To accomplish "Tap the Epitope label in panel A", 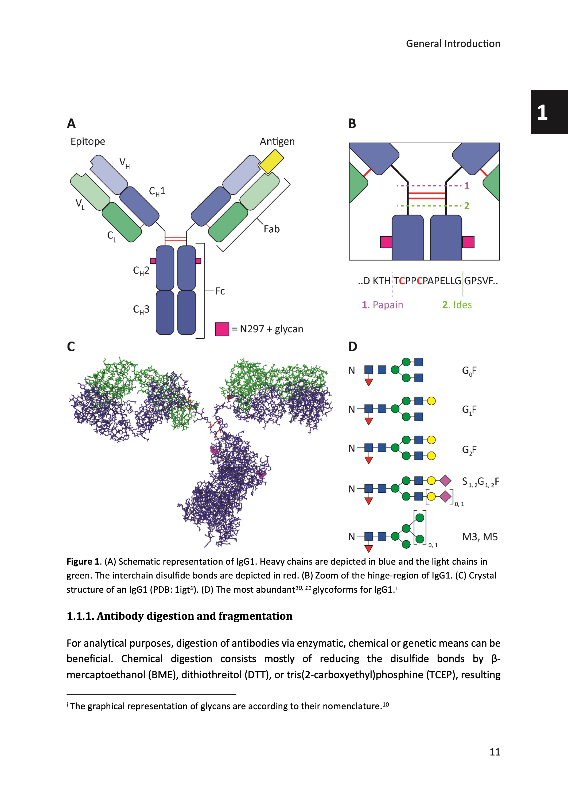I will tap(88, 141).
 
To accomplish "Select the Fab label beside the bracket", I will tap(271, 229).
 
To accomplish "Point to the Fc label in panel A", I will tap(220, 291).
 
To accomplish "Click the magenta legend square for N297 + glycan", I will tap(222, 329).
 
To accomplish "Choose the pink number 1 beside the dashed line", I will tap(466, 186).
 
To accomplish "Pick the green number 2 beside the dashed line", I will tap(466, 206).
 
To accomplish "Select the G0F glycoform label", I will tap(469, 371).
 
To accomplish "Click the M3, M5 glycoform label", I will tap(480, 537).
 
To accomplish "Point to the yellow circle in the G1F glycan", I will tap(431, 401).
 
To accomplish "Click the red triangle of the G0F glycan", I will tap(368, 382).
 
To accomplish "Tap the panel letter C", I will tap(71, 346).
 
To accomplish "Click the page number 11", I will tap(495, 752).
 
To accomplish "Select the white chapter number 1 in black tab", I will tap(542, 113).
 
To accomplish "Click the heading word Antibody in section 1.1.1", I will tap(120, 616).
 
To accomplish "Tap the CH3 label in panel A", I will tap(141, 309).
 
